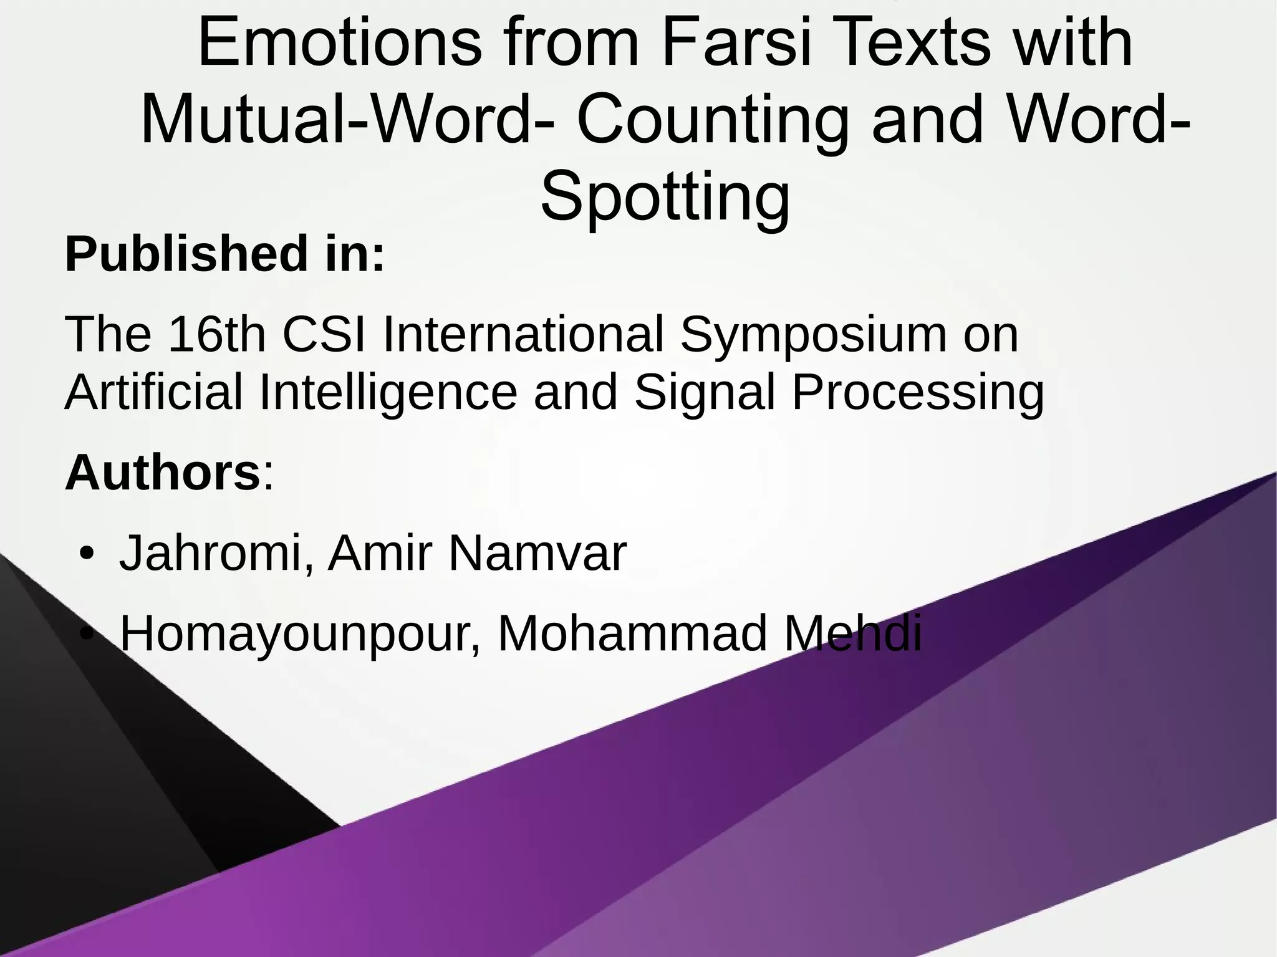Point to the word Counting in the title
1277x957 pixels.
pos(712,120)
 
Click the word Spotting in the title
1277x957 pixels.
pos(665,197)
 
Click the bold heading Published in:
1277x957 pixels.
pos(225,254)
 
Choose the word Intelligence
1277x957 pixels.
pos(388,393)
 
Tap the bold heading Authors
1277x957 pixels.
pos(162,473)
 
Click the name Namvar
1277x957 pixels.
pos(537,553)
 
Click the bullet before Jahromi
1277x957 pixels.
pos(87,554)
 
